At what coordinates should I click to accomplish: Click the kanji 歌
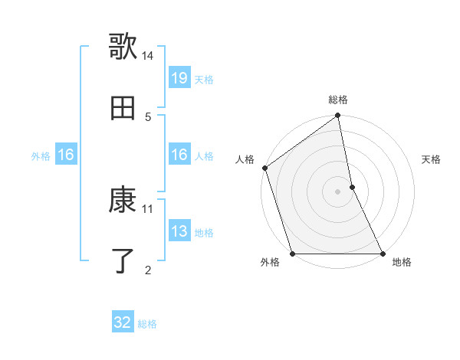(x=123, y=47)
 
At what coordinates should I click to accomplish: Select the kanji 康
(x=123, y=200)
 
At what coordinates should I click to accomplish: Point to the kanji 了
(x=123, y=261)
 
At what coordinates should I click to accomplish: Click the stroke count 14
(x=148, y=56)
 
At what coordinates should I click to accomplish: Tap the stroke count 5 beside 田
(x=148, y=116)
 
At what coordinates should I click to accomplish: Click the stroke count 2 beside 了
(x=148, y=270)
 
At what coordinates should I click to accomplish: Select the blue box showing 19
(x=179, y=78)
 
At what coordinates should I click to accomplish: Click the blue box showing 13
(x=179, y=231)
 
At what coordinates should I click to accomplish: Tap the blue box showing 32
(x=123, y=322)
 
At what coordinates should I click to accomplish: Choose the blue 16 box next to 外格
(x=66, y=155)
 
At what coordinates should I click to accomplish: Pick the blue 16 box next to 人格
(x=179, y=155)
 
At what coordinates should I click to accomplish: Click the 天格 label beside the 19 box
(x=204, y=79)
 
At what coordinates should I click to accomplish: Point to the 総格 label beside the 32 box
(x=147, y=324)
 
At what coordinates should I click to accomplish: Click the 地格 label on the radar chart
(x=402, y=263)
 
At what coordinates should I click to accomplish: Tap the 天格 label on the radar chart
(x=432, y=160)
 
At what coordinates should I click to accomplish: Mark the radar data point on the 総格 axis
(x=338, y=116)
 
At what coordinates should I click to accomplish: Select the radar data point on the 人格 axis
(x=265, y=168)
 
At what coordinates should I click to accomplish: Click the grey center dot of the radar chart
(x=338, y=191)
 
